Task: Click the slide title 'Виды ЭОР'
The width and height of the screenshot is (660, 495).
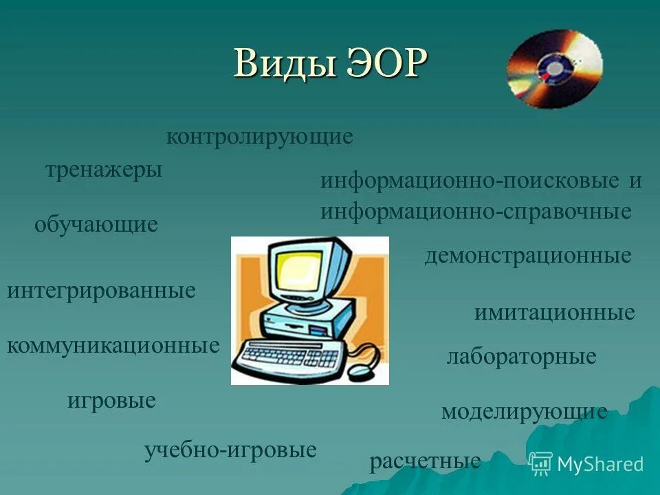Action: pos(331,64)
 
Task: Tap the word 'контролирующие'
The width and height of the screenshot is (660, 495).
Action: pos(259,137)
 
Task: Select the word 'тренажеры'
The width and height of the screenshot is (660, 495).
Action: pos(104,169)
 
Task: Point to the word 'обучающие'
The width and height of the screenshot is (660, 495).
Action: pos(96,224)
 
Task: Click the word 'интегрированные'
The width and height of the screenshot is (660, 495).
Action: pos(101,290)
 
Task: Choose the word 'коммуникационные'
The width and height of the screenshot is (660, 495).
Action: pos(113,345)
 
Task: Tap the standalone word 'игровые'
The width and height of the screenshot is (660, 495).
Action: pos(111,400)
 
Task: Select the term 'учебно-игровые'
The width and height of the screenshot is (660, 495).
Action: pos(230,450)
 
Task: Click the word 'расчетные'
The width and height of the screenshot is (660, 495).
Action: pos(425,461)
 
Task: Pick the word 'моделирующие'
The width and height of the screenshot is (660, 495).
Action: pos(524,412)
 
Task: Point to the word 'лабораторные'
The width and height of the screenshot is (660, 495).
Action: pos(521,357)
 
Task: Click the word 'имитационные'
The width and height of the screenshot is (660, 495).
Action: pos(554,313)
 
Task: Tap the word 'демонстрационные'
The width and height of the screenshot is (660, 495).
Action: pos(527,256)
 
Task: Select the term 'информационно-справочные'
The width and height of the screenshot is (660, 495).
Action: pos(475,212)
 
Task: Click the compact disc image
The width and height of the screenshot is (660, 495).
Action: pos(554,69)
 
